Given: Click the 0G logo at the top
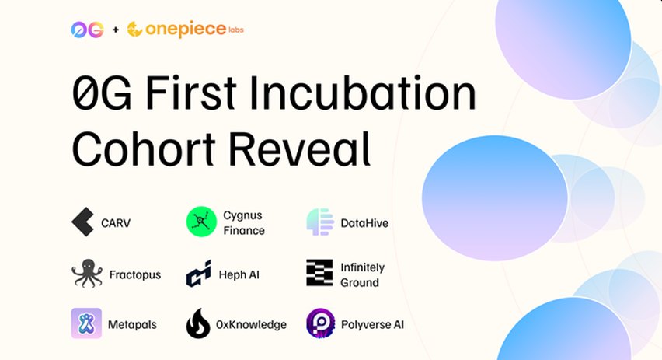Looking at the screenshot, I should click(86, 30).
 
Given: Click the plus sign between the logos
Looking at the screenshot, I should click(116, 30).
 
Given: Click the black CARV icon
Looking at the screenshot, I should click(82, 223).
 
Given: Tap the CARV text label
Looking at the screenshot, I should click(116, 223).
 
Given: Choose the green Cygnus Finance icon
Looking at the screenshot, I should click(200, 222).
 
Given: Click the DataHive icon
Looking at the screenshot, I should click(320, 222).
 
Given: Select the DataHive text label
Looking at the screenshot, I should click(364, 223).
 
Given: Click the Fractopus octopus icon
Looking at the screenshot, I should click(86, 274).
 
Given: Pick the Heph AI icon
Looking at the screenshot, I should click(199, 274).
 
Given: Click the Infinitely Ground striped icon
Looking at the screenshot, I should click(319, 274).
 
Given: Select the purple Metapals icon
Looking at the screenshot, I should click(86, 323).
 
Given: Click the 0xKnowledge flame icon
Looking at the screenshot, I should click(199, 323).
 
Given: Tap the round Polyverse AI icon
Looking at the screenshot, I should click(319, 323).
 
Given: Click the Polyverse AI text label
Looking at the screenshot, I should click(372, 324).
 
